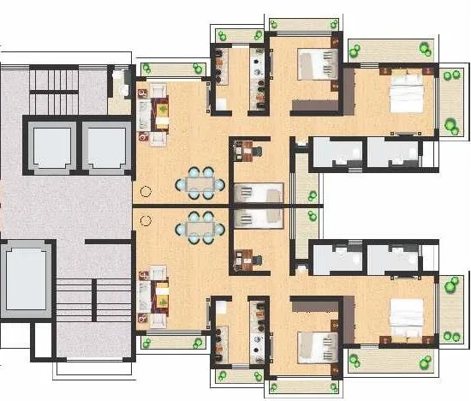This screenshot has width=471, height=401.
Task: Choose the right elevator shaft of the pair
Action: [x=104, y=143]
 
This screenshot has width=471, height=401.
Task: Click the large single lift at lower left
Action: [x=24, y=279]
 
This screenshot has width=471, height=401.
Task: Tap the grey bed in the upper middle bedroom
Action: [x=315, y=65]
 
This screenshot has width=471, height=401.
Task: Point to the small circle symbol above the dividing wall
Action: [x=146, y=192]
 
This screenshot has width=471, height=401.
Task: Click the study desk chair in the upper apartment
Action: [x=256, y=151]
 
